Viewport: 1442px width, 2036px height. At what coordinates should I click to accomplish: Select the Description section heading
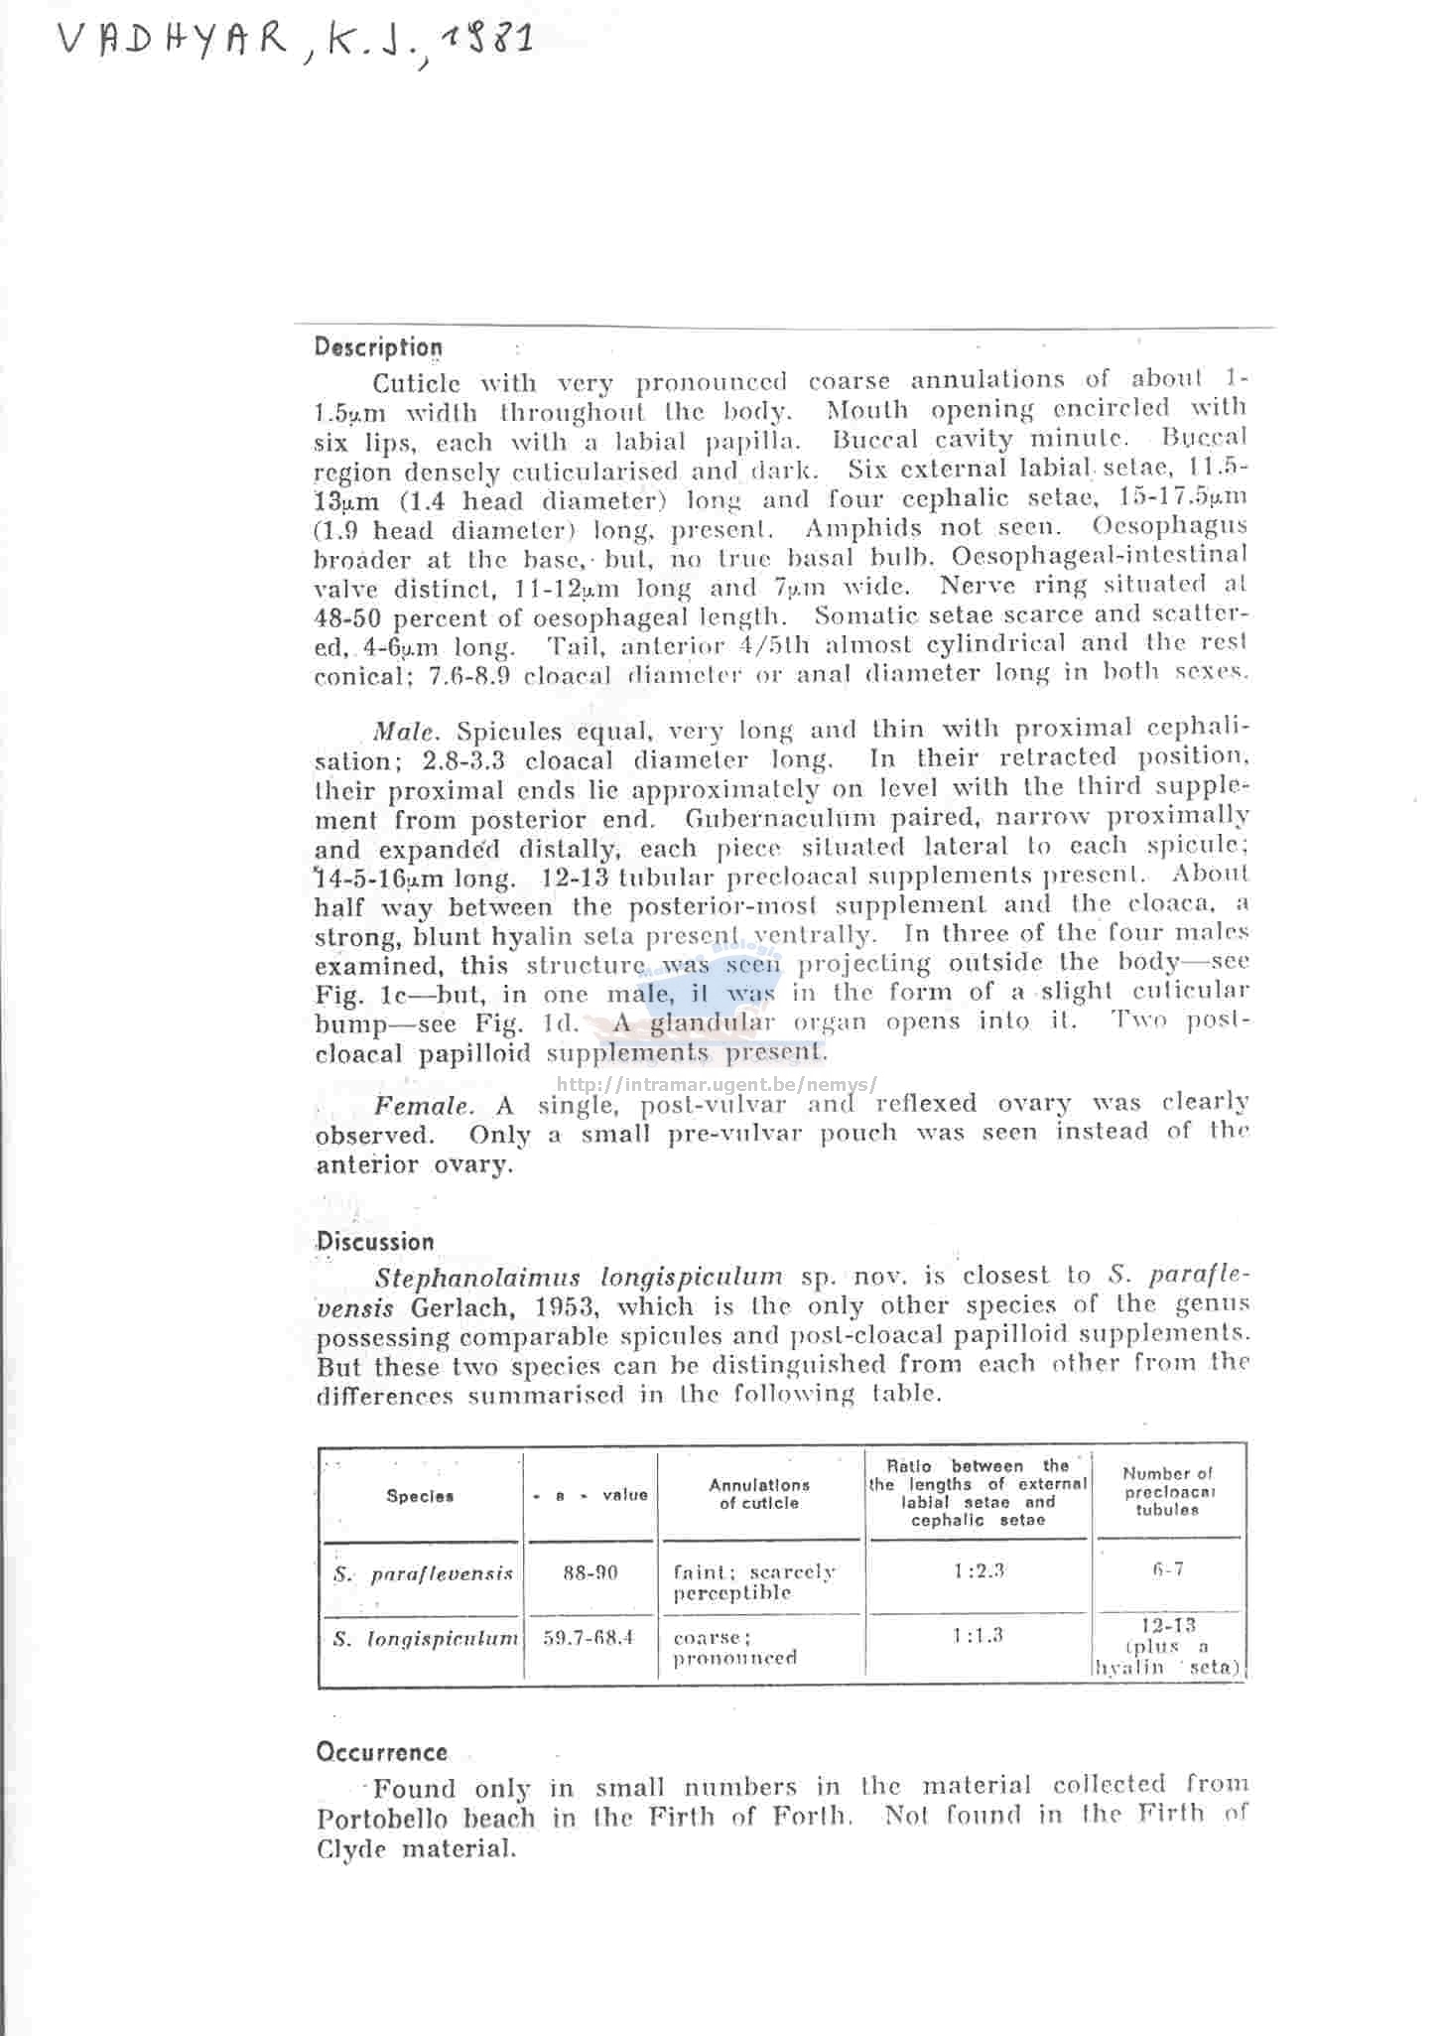pyautogui.click(x=378, y=347)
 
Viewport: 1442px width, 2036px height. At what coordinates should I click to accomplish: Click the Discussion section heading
pyautogui.click(x=375, y=1242)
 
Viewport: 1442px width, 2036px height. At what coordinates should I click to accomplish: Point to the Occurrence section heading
pyautogui.click(x=381, y=1752)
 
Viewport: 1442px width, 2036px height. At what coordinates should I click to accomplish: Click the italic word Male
pyautogui.click(x=404, y=733)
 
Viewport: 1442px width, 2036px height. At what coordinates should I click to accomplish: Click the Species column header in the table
pyautogui.click(x=420, y=1496)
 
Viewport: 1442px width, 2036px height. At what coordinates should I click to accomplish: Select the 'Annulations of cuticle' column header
pyautogui.click(x=759, y=1494)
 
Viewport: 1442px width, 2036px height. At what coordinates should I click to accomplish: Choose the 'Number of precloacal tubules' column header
pyautogui.click(x=1167, y=1491)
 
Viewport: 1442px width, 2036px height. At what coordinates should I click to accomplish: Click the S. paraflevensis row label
pyautogui.click(x=423, y=1574)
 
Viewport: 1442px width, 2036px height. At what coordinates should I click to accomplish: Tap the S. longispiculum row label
pyautogui.click(x=425, y=1639)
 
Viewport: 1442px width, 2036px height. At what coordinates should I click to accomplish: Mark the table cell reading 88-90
pyautogui.click(x=590, y=1573)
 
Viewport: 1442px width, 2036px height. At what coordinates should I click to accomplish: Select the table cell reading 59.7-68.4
pyautogui.click(x=589, y=1637)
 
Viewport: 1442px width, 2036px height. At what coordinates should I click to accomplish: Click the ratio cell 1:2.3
pyautogui.click(x=978, y=1570)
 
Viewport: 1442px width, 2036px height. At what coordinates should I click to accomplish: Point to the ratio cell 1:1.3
pyautogui.click(x=978, y=1635)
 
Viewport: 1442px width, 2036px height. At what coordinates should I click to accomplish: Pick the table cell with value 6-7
pyautogui.click(x=1168, y=1569)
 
